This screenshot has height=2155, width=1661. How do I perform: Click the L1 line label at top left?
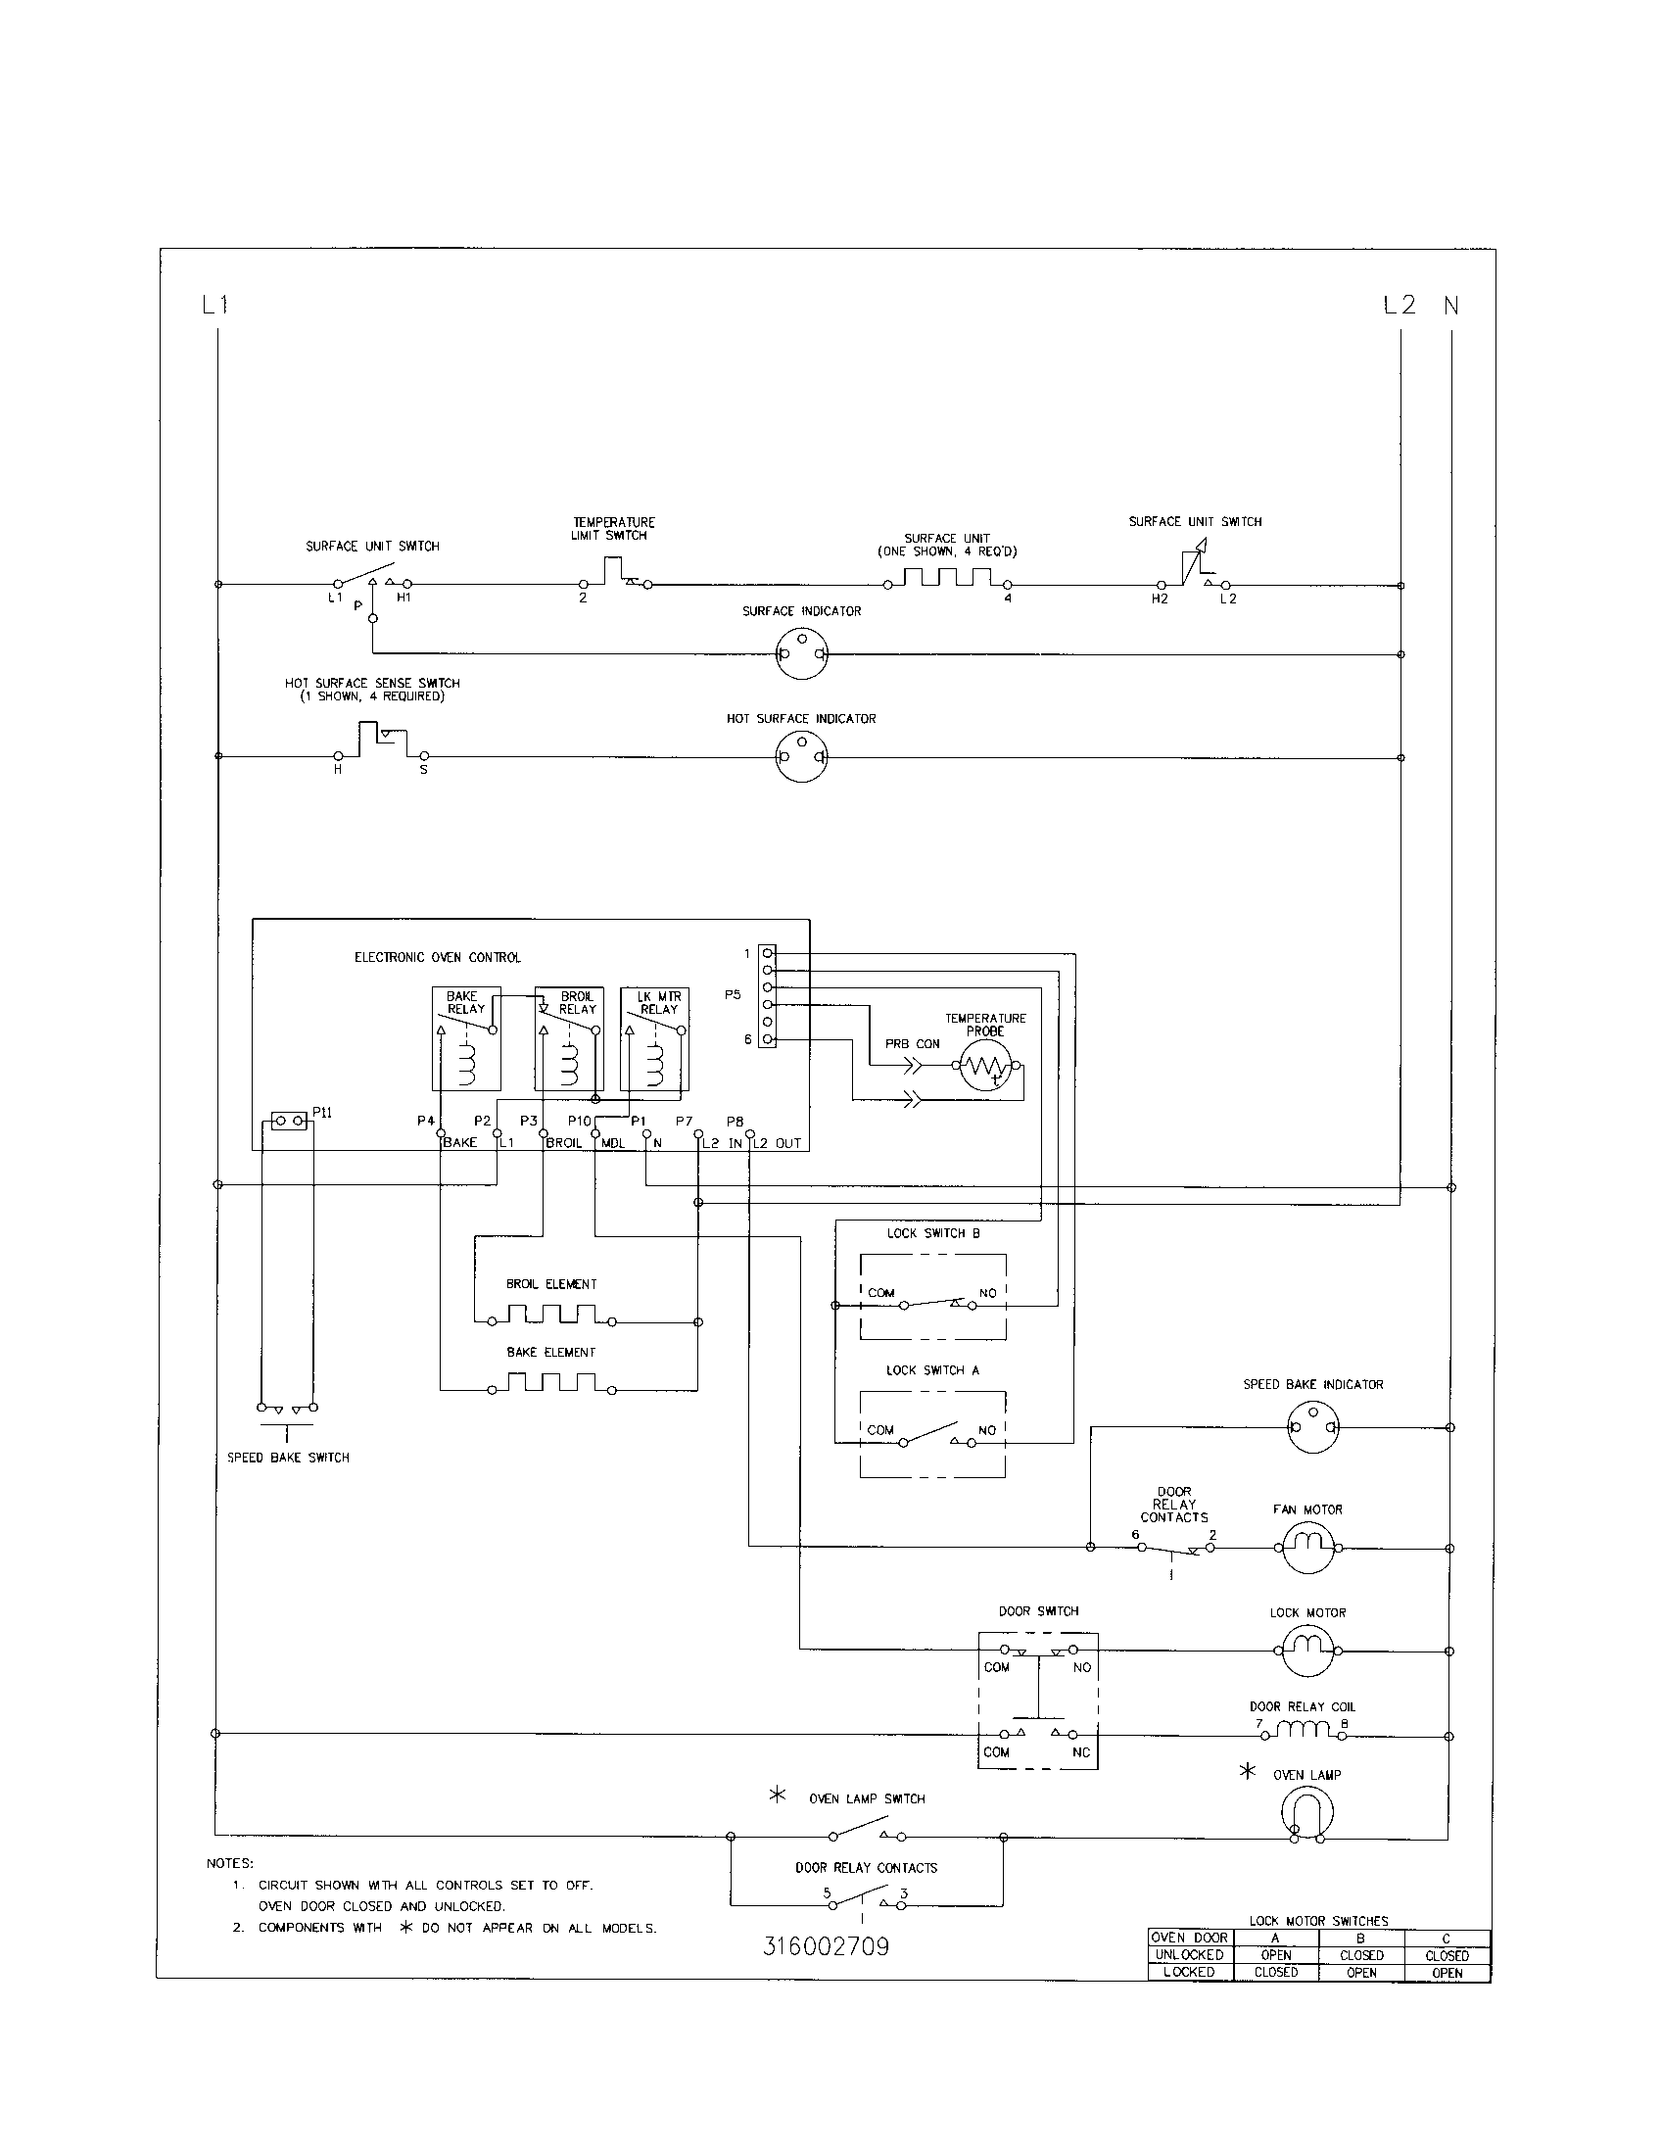215,305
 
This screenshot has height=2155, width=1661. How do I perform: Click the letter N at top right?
1450,306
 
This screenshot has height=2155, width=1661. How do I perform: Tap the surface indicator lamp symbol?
801,653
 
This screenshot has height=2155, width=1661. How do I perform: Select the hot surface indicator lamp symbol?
801,757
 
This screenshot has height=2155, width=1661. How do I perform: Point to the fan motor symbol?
1307,1548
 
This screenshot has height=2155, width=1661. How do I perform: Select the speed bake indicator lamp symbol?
1313,1427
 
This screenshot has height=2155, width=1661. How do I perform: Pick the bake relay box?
466,1038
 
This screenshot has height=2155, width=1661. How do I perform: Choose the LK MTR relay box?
654,1038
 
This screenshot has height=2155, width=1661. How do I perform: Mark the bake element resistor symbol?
551,1383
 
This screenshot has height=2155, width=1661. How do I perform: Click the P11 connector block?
288,1121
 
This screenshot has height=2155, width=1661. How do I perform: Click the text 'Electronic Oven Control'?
437,957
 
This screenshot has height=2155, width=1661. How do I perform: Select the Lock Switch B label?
933,1232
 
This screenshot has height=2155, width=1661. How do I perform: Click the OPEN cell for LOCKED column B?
1360,1972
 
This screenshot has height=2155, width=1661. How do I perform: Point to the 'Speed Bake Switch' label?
288,1458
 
